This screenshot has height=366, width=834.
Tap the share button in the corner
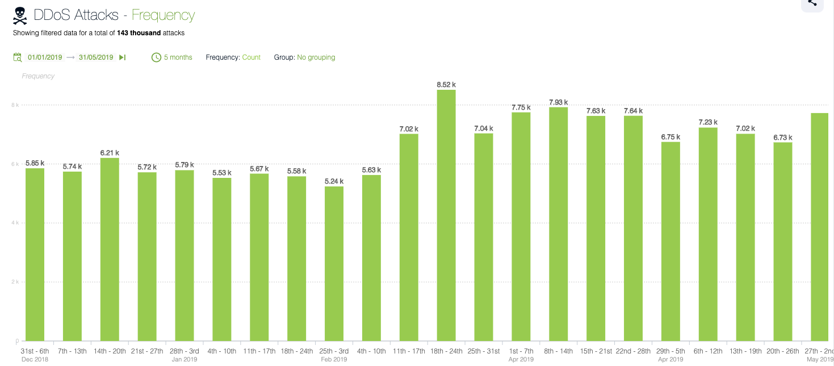pos(812,3)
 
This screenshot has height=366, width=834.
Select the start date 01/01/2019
pos(45,57)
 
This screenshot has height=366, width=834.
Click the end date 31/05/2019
pos(96,57)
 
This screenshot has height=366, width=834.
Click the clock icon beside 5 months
pos(156,57)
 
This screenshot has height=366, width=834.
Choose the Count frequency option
pos(251,57)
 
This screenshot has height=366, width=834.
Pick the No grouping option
pos(316,57)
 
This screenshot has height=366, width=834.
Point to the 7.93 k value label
pos(558,102)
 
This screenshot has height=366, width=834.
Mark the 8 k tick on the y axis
pos(16,105)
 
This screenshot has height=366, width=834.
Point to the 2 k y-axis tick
pos(16,282)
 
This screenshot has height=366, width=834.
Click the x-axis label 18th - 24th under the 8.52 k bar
pos(446,351)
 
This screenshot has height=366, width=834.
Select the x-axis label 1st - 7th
pos(521,351)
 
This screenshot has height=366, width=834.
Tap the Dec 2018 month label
pos(35,359)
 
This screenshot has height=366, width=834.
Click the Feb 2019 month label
pos(334,359)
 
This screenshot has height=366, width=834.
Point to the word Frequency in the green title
pos(163,15)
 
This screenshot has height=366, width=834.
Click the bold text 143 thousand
pos(139,33)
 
